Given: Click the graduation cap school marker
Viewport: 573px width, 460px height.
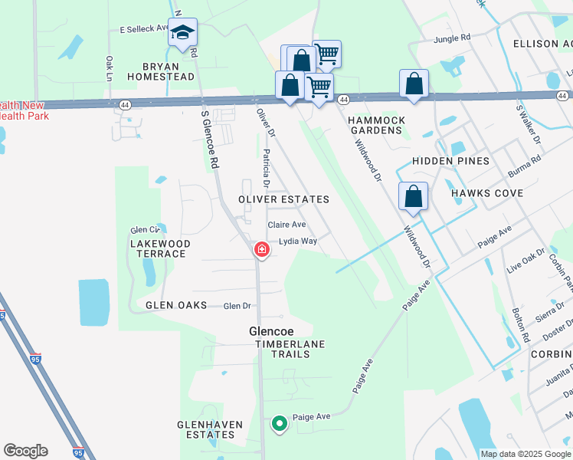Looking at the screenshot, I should click(x=182, y=32).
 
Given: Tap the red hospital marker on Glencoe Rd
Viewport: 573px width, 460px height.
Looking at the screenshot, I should click(x=262, y=250).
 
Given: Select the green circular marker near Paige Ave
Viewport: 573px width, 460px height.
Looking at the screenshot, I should click(x=280, y=422).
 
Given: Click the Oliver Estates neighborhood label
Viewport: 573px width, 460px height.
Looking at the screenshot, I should click(x=283, y=199).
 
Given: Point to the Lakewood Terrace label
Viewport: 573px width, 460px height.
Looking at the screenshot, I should click(x=158, y=248).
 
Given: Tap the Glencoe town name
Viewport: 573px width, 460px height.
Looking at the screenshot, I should click(x=272, y=332).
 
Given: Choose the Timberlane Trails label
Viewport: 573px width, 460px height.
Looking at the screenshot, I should click(x=290, y=344).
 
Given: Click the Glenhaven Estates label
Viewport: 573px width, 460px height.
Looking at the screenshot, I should click(x=210, y=429).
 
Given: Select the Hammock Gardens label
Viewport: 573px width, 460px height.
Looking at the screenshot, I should click(x=375, y=126).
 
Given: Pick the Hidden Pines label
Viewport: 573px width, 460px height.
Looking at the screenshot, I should click(x=450, y=161).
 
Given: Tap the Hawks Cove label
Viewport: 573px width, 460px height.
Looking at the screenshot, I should click(x=487, y=193).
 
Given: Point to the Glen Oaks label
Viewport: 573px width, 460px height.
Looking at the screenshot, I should click(x=177, y=305).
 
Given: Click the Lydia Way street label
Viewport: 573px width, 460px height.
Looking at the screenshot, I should click(x=298, y=241).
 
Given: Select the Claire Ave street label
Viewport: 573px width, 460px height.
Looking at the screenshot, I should click(x=286, y=225).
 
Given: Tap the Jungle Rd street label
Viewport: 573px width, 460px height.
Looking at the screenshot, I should click(x=452, y=38).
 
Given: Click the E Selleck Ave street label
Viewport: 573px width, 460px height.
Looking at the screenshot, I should click(x=144, y=28).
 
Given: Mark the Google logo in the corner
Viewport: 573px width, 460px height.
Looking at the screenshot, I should click(x=25, y=451).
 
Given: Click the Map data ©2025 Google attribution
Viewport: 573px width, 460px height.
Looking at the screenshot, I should click(x=525, y=454).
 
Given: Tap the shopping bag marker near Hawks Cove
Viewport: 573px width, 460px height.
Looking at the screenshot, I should click(x=413, y=196).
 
